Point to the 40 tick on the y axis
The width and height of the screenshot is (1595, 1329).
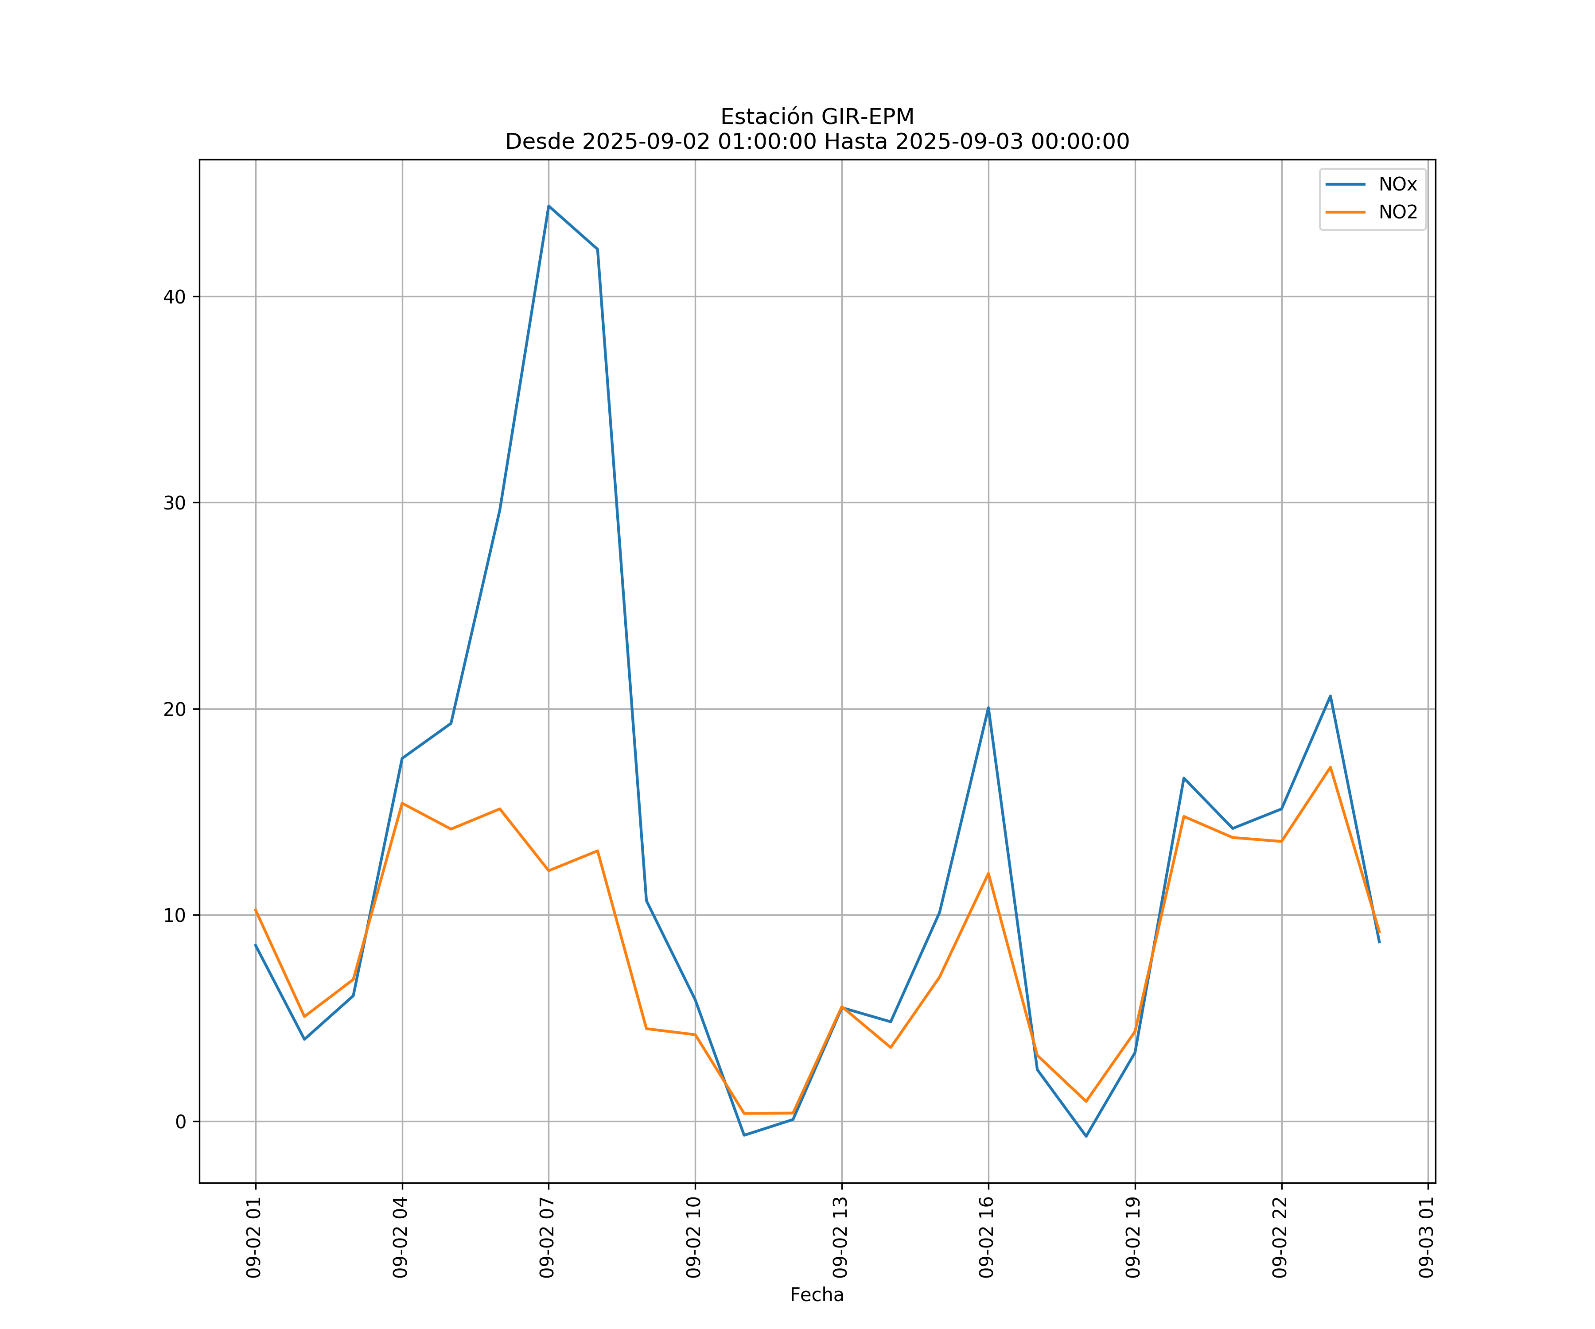(174, 297)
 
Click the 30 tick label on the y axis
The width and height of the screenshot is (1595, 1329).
(174, 503)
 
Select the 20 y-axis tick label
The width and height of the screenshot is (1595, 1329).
(174, 709)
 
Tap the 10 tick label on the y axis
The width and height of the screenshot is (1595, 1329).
(174, 915)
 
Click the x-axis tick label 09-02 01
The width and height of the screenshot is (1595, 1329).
(254, 1237)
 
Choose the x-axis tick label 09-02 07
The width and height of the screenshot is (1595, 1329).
(547, 1237)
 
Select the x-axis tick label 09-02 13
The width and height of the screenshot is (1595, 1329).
(840, 1237)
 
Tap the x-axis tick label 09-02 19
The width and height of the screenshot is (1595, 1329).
(1133, 1237)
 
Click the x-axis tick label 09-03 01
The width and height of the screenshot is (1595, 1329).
(1426, 1237)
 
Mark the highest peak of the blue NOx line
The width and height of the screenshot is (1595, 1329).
(549, 206)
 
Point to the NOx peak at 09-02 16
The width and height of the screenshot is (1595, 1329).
(988, 708)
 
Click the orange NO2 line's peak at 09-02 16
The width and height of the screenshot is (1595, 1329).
(988, 873)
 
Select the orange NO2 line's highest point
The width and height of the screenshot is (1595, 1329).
(1330, 767)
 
